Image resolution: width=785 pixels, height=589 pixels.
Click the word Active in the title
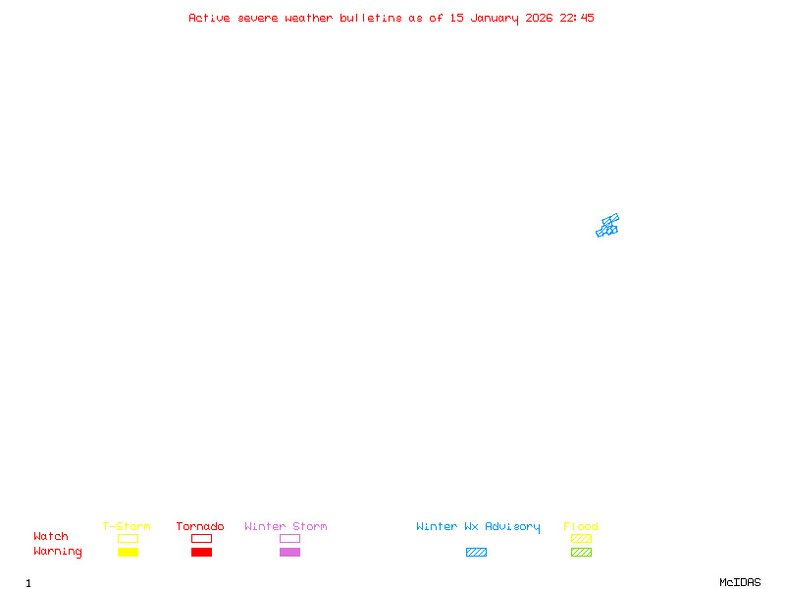(210, 18)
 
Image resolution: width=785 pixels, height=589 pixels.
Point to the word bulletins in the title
(371, 18)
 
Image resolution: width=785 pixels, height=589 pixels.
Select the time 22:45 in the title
(577, 18)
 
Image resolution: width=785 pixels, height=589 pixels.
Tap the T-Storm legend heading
(127, 526)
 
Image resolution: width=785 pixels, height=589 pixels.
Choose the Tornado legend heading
(200, 526)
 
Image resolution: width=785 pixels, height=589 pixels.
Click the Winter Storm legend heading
(286, 526)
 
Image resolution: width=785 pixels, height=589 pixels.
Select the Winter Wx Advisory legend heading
(478, 526)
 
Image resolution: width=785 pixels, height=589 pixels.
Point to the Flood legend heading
(581, 526)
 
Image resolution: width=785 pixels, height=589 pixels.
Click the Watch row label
(51, 537)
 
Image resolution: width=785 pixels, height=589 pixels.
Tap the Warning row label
(58, 552)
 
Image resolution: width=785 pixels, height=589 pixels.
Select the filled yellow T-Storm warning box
(128, 552)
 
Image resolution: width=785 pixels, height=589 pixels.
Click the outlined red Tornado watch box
(201, 538)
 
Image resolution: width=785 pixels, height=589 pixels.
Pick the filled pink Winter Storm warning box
(289, 552)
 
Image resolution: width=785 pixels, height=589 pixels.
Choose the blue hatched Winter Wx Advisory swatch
(476, 552)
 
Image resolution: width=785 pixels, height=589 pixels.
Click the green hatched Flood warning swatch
(581, 552)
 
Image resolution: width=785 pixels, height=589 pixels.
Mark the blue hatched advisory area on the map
(607, 226)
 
